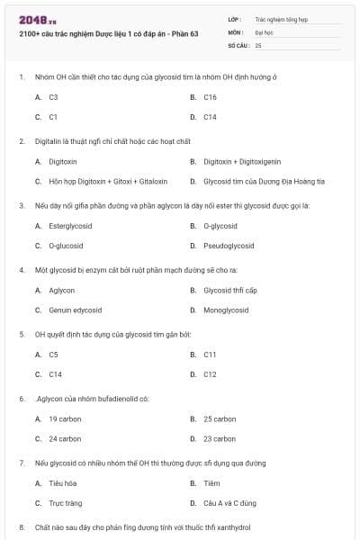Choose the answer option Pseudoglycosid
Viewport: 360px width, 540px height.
point(225,245)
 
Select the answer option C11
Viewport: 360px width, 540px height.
point(210,355)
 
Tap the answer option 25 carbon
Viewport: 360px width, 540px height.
point(220,418)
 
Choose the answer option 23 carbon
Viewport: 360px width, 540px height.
point(220,438)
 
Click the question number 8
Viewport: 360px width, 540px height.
point(22,526)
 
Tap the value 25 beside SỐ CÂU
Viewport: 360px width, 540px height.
point(258,44)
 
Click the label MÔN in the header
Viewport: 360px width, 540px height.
point(236,31)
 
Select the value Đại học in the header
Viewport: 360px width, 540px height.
point(264,31)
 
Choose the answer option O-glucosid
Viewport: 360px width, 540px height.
point(66,245)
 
